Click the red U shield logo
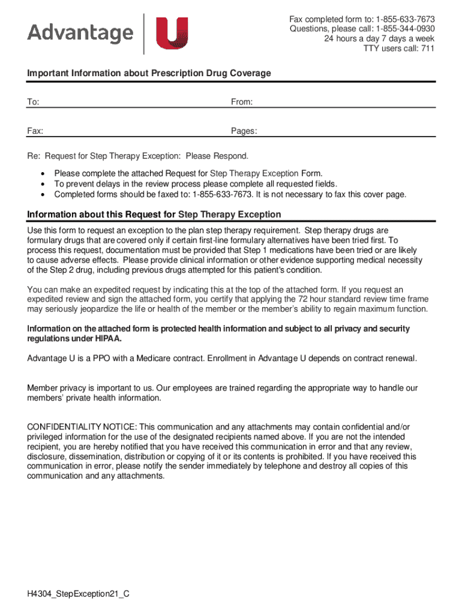click(172, 34)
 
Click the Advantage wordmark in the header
click(80, 33)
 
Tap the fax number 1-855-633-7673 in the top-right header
click(405, 19)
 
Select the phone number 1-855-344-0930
click(405, 29)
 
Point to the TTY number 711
click(428, 49)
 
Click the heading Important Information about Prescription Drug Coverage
click(149, 73)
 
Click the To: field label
click(33, 103)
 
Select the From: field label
click(242, 103)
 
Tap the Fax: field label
click(35, 131)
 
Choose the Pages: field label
click(244, 131)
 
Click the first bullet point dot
click(42, 173)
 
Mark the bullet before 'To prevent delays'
click(42, 184)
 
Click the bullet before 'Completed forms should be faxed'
click(42, 194)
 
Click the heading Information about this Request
click(154, 215)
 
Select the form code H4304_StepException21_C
click(78, 594)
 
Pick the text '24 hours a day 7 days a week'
click(379, 39)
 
